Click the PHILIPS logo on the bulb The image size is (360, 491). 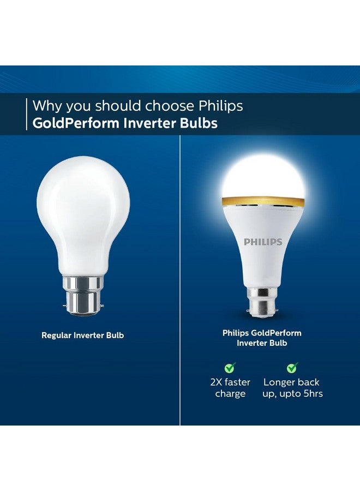pos(262,241)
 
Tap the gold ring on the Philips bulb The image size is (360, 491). pos(262,201)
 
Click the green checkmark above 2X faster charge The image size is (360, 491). pos(230,367)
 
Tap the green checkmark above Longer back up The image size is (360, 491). pos(292,367)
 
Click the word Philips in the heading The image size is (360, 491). pos(221,105)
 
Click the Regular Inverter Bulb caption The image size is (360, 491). pos(83,335)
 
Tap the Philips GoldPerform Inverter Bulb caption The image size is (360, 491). pos(262,338)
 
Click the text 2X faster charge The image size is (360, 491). pos(230,388)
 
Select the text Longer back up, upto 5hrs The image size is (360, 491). pos(292,388)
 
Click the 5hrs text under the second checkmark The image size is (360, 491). pos(310,393)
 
